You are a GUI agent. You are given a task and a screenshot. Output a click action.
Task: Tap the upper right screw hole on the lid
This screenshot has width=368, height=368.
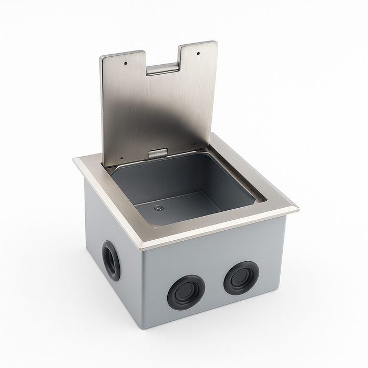click(x=199, y=53)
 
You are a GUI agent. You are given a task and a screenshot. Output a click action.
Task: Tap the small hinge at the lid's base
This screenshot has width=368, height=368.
click(x=158, y=154)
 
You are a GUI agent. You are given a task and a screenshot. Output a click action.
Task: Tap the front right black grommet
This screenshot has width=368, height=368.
click(x=241, y=278)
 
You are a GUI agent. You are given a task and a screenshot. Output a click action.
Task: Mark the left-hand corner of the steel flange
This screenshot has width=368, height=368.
click(x=75, y=160)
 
